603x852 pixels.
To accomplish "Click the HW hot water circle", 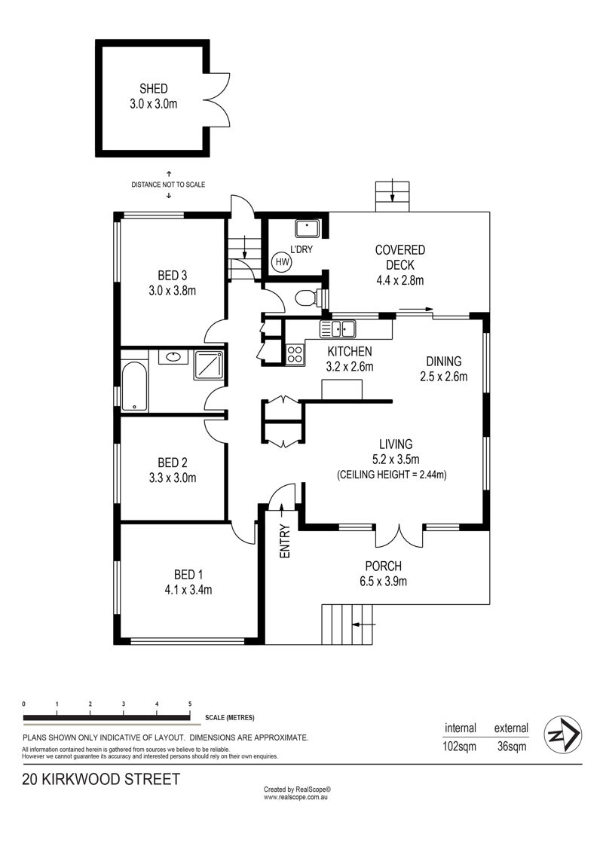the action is [282, 262].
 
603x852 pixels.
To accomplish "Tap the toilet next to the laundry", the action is [310, 298].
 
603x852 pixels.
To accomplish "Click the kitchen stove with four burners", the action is [295, 355].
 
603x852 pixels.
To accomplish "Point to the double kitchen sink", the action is [338, 328].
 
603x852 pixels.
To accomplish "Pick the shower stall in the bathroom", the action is [209, 365].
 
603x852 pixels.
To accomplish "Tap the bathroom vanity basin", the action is [173, 357].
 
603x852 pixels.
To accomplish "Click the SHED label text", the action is [153, 89].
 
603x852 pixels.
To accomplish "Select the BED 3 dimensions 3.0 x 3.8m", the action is [173, 291].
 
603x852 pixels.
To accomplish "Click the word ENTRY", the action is [285, 541].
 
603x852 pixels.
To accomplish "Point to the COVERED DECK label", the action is [400, 258].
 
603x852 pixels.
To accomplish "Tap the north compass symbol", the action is [563, 734].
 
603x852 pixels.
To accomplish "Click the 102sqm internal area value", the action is [460, 746].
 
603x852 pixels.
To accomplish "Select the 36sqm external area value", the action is [512, 746].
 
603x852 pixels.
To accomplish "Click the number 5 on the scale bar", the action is [190, 704].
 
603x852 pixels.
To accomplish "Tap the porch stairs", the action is [347, 624].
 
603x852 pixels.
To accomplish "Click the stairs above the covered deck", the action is [392, 196].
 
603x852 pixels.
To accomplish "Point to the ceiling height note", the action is [392, 475].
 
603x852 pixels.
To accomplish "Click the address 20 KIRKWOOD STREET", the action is [101, 779].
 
